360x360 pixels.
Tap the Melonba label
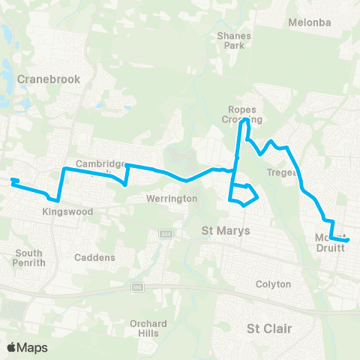click(x=309, y=22)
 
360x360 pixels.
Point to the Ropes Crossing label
click(x=244, y=114)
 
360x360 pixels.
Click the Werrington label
click(x=172, y=199)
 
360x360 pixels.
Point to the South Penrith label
click(x=29, y=258)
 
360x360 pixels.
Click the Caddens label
click(x=95, y=257)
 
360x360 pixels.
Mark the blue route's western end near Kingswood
click(x=12, y=180)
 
